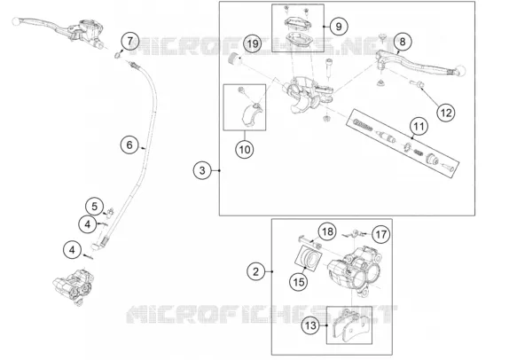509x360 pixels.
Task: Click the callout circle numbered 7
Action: pos(130,41)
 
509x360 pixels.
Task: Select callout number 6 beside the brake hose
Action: pos(129,145)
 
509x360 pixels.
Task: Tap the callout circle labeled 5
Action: pos(95,207)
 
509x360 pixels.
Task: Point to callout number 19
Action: pos(253,43)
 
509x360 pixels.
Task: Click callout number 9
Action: pos(339,27)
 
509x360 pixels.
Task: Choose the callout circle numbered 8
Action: pos(403,42)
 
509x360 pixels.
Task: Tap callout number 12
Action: pos(446,113)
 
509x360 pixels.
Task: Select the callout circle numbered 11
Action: pos(419,126)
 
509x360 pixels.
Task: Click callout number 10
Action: pos(245,150)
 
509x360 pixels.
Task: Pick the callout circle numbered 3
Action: pos(202,170)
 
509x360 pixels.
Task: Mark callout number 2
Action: pos(256,271)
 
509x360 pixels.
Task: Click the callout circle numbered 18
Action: pos(327,231)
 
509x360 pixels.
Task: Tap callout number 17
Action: pos(380,234)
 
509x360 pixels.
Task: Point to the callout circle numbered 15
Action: pos(299,281)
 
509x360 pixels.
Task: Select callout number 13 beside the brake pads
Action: pos(310,325)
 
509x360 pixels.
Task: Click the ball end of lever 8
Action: pos(461,70)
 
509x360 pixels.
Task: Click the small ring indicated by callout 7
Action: pos(117,56)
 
